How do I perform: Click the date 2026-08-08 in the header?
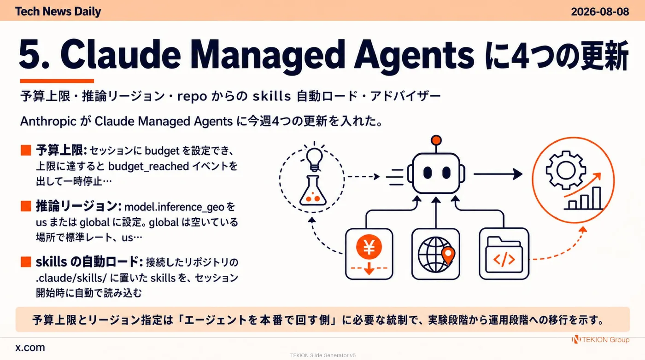tap(600, 12)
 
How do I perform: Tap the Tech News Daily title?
tap(58, 12)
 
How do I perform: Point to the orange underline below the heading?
tap(57, 81)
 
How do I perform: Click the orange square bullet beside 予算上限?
tap(26, 150)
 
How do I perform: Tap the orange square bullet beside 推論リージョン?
tap(26, 206)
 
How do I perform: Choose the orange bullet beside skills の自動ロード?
tap(26, 262)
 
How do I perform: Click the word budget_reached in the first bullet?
tap(148, 166)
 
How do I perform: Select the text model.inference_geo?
tap(174, 207)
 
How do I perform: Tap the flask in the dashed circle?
tap(313, 191)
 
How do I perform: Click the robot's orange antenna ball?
tap(436, 140)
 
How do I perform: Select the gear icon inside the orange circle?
tap(566, 170)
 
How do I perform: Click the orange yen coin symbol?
tap(369, 247)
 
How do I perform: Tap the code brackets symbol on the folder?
tap(504, 259)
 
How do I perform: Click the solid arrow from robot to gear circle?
tap(498, 174)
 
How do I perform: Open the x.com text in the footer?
tap(30, 348)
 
